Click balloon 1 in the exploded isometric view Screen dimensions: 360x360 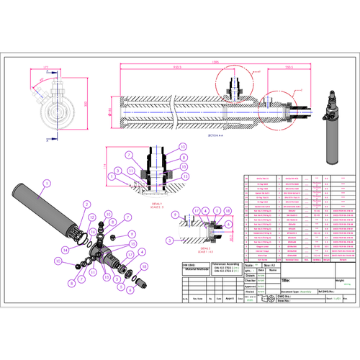[x=45, y=183]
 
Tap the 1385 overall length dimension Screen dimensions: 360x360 [x=215, y=63]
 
